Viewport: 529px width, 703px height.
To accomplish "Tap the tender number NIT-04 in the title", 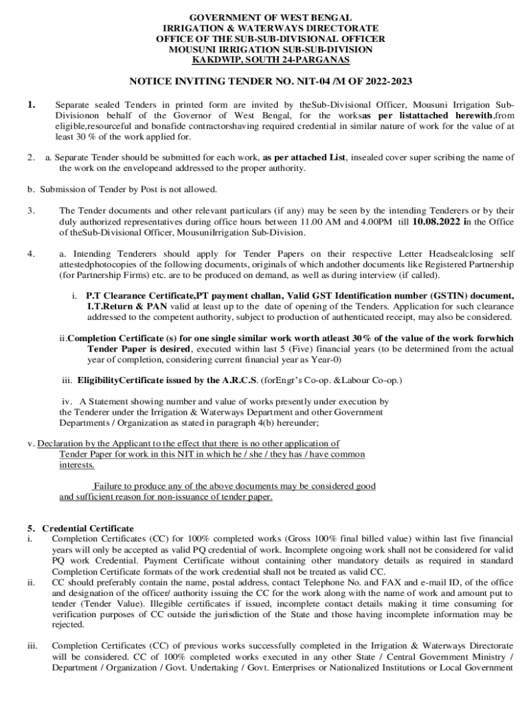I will tap(315, 82).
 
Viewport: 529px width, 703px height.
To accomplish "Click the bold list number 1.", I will tap(32, 104).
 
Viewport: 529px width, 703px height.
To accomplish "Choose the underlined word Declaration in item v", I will tap(61, 443).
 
